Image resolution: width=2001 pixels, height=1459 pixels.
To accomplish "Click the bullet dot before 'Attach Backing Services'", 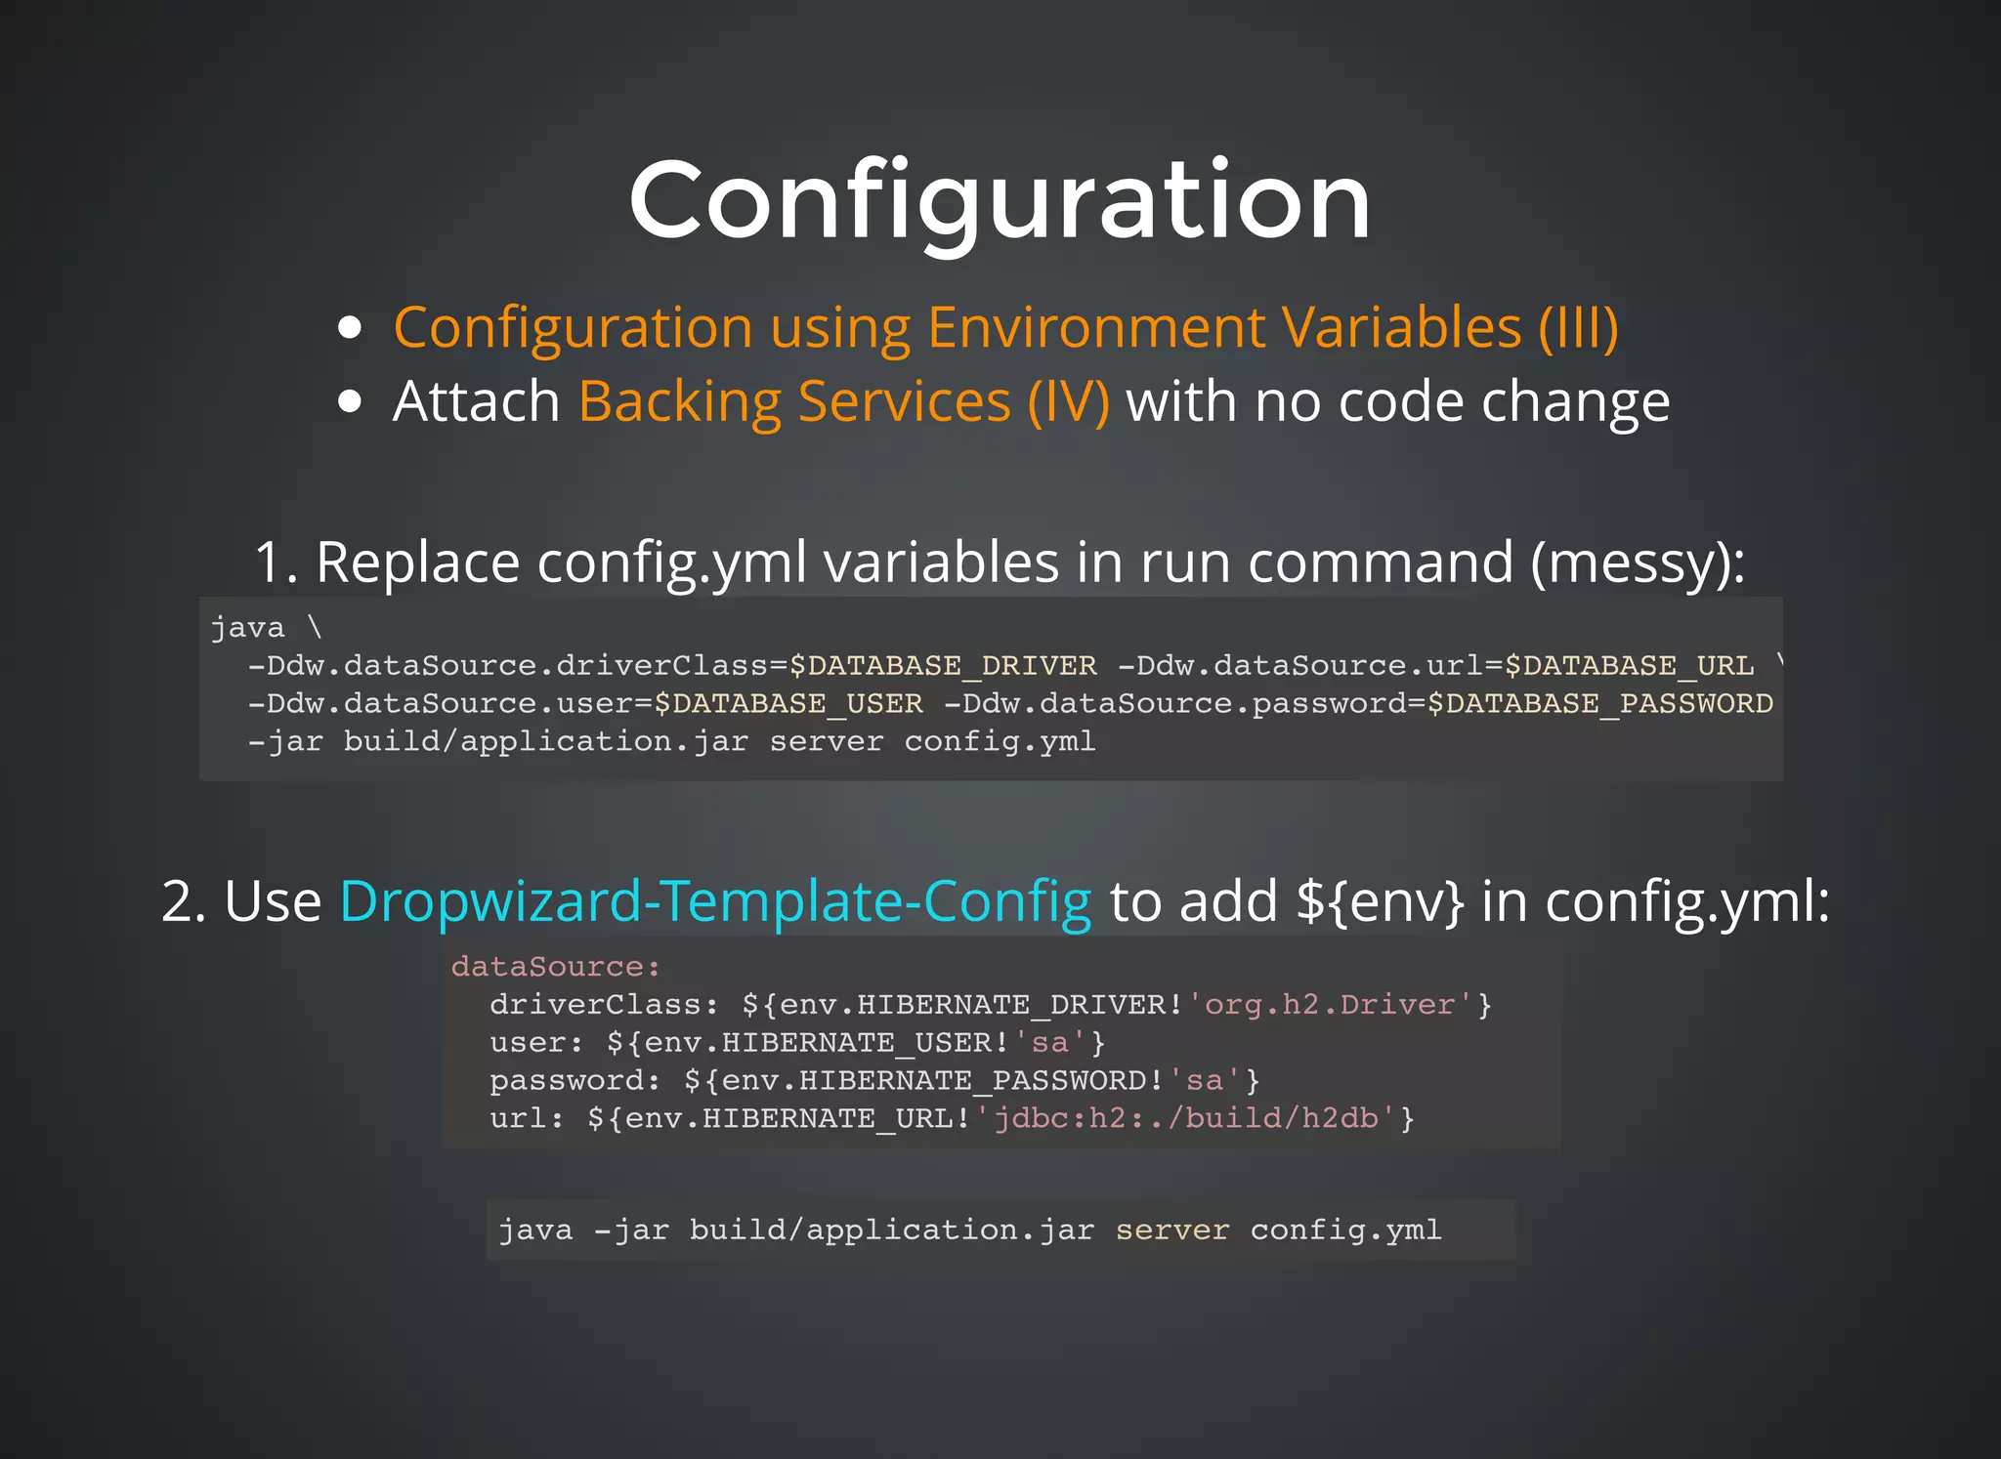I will pos(349,401).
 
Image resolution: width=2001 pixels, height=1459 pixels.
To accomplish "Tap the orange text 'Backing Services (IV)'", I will pos(844,401).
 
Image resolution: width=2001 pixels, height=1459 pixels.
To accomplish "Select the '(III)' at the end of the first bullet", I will pos(1578,327).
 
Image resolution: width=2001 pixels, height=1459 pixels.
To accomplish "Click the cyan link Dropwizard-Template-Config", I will pos(715,900).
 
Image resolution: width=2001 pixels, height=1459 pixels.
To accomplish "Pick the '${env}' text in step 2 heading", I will pos(1381,900).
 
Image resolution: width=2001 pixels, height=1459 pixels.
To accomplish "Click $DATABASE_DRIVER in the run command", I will pos(943,666).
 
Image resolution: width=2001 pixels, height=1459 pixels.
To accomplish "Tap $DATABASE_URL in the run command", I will pos(1629,666).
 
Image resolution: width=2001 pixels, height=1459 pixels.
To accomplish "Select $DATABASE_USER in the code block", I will pos(788,704).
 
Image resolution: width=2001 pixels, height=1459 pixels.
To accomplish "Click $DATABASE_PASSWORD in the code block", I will pos(1599,704).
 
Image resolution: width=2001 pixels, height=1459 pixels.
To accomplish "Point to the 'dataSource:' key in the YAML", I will pos(555,967).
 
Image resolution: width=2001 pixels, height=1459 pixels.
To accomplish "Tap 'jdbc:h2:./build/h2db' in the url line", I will pos(1186,1118).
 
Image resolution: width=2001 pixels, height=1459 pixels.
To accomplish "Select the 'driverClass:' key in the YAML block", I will pos(604,1005).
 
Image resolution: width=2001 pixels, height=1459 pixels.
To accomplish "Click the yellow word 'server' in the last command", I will pos(1171,1230).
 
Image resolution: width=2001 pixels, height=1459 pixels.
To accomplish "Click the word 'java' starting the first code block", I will pos(248,628).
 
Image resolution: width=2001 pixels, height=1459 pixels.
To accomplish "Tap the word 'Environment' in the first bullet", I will pos(1096,327).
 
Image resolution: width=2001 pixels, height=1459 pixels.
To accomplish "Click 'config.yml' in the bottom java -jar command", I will pos(1345,1230).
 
